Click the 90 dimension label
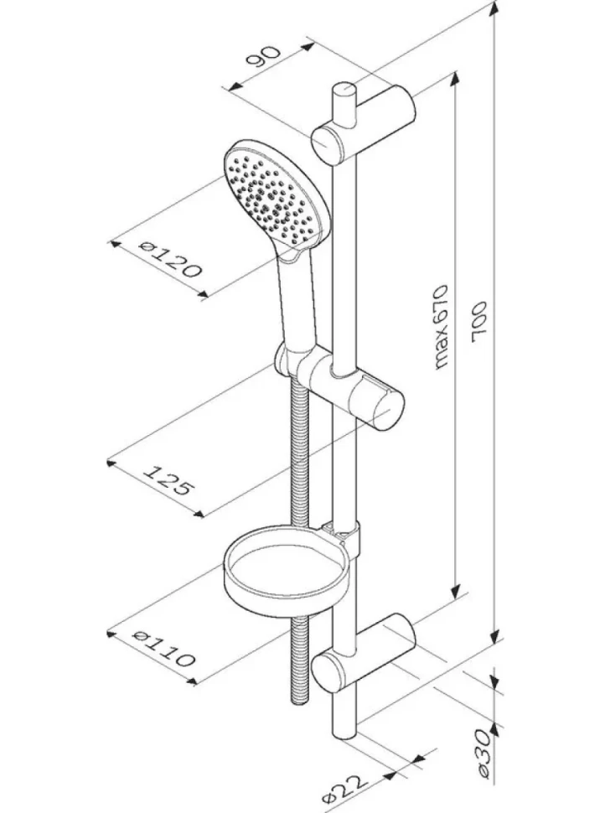coord(263,57)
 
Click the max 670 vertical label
coord(440,327)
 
